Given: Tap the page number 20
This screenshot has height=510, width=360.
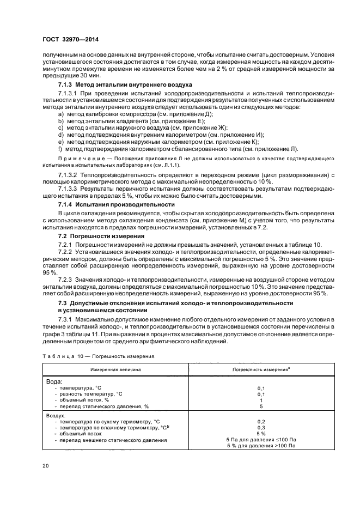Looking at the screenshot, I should [x=47, y=466].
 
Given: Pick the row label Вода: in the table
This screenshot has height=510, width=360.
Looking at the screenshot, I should [x=53, y=382].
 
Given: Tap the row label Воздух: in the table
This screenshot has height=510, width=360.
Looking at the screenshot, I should [x=57, y=415].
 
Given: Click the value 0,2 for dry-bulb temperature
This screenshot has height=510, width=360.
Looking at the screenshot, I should [x=261, y=421].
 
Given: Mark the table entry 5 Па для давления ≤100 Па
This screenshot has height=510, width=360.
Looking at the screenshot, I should [x=261, y=439].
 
